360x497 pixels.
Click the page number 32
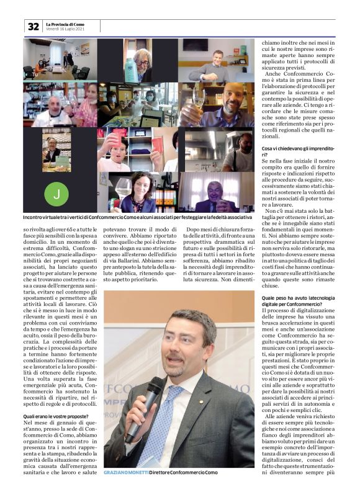tap(33, 26)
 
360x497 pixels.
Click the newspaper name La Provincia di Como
tap(65, 24)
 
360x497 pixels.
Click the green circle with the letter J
tap(57, 194)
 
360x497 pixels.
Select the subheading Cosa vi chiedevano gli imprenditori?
tap(295, 151)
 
